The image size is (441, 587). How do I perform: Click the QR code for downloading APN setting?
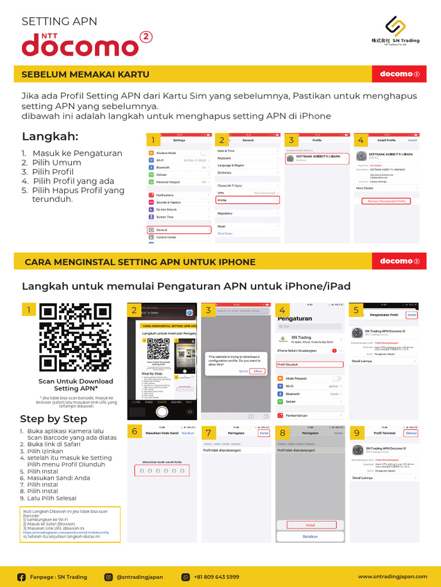pyautogui.click(x=76, y=337)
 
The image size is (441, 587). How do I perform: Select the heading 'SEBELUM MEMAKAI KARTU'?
pyautogui.click(x=86, y=75)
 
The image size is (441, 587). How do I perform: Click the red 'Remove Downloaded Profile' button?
pyautogui.click(x=386, y=201)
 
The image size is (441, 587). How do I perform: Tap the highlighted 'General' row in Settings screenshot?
pyautogui.click(x=179, y=229)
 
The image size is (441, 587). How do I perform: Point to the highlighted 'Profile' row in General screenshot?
pyautogui.click(x=247, y=200)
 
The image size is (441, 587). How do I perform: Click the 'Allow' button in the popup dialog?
pyautogui.click(x=258, y=371)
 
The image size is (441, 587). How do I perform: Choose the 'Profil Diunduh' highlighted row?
pyautogui.click(x=310, y=364)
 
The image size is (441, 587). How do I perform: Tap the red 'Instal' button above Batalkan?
pyautogui.click(x=310, y=525)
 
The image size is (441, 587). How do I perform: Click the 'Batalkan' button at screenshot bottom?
pyautogui.click(x=310, y=537)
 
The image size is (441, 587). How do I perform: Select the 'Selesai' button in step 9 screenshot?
pyautogui.click(x=411, y=433)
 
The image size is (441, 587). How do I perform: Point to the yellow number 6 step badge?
pyautogui.click(x=134, y=432)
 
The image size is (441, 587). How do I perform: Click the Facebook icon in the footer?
pyautogui.click(x=22, y=577)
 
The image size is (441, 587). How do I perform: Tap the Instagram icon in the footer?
pyautogui.click(x=108, y=577)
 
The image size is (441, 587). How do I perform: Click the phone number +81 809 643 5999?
pyautogui.click(x=216, y=577)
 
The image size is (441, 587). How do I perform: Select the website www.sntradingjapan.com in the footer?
pyautogui.click(x=392, y=577)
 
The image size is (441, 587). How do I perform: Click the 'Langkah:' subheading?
pyautogui.click(x=50, y=136)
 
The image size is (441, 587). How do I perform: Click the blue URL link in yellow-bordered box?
pyautogui.click(x=65, y=532)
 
